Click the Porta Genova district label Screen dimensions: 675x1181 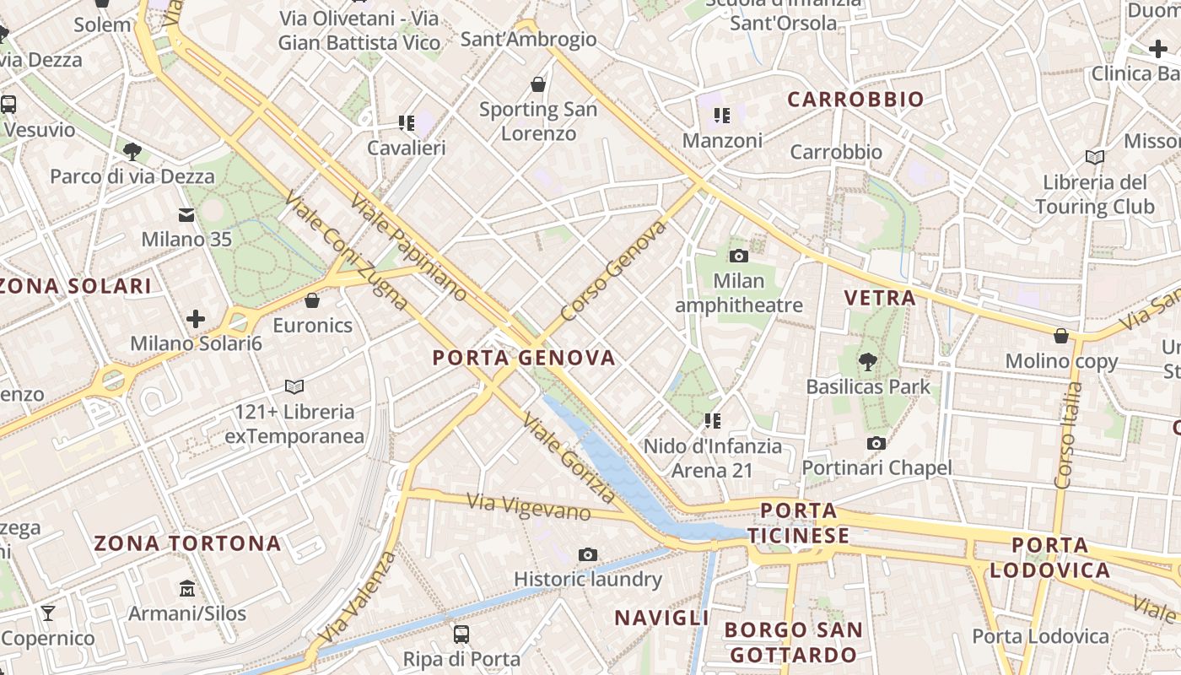pyautogui.click(x=524, y=358)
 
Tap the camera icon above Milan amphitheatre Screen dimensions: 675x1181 pyautogui.click(x=739, y=256)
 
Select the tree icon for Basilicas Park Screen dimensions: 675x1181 pyautogui.click(x=867, y=362)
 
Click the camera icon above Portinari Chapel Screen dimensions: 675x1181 pyautogui.click(x=876, y=443)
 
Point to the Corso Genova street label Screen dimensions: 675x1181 pyautogui.click(x=613, y=271)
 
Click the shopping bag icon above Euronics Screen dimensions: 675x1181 pyautogui.click(x=312, y=300)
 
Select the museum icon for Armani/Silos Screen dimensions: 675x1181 pyautogui.click(x=186, y=588)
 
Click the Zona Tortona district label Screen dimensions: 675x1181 pyautogui.click(x=187, y=543)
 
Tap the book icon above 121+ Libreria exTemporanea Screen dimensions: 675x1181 pyautogui.click(x=294, y=386)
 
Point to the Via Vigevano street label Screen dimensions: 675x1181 pyautogui.click(x=529, y=506)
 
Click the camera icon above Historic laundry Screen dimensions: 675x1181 pyautogui.click(x=588, y=554)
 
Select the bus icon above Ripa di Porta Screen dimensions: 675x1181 pyautogui.click(x=461, y=634)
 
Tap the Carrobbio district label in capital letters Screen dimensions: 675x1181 pyautogui.click(x=855, y=100)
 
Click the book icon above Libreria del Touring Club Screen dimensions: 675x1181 pyautogui.click(x=1094, y=157)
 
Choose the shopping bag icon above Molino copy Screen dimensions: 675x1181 pyautogui.click(x=1061, y=336)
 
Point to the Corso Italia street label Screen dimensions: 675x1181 pyautogui.click(x=1069, y=435)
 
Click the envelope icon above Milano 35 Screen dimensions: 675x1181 pyautogui.click(x=186, y=215)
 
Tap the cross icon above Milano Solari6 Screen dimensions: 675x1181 pyautogui.click(x=196, y=319)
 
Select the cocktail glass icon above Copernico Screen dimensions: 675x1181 pyautogui.click(x=48, y=613)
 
